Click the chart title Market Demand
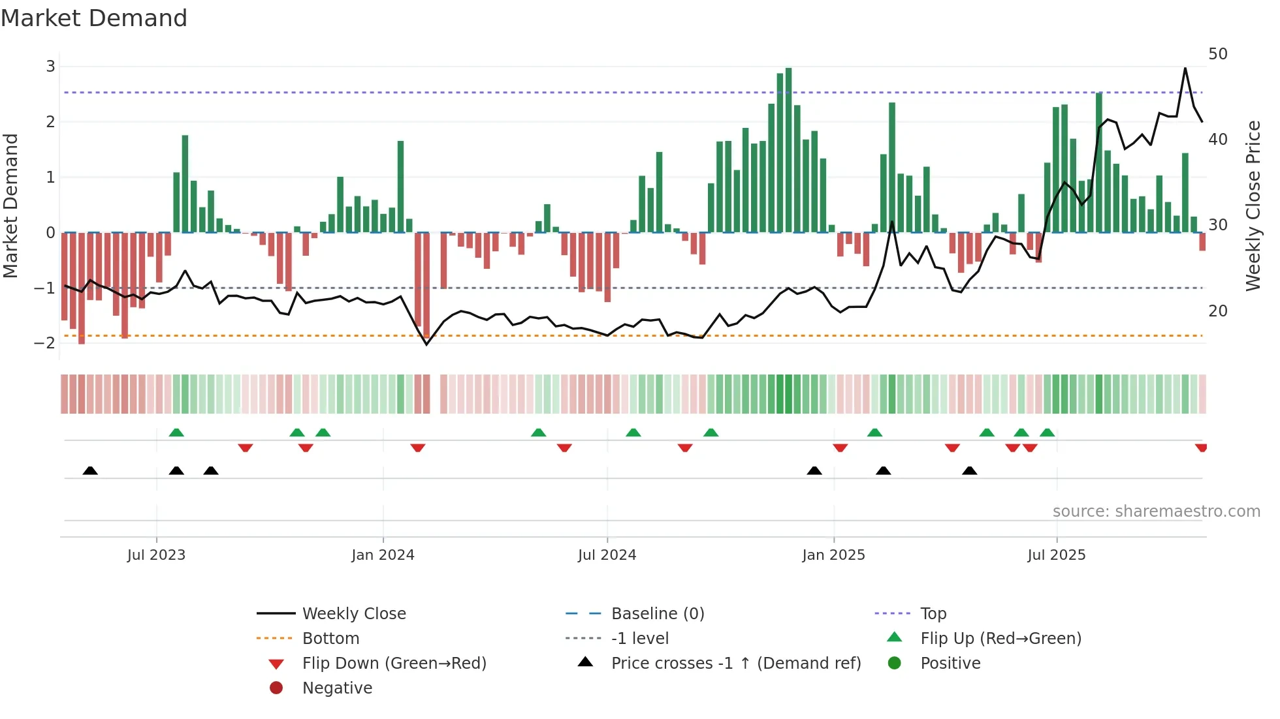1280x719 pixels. (94, 18)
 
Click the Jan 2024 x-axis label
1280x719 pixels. (383, 555)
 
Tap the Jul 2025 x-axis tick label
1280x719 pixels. (1056, 555)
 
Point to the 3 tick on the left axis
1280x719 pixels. (50, 66)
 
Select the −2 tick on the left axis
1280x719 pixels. (45, 343)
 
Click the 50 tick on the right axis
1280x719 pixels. (1217, 54)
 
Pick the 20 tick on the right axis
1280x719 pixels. (1217, 311)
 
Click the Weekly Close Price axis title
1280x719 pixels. (1253, 206)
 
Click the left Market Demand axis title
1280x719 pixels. (10, 206)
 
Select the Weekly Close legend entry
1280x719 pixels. (353, 613)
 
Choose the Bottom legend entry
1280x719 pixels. (330, 638)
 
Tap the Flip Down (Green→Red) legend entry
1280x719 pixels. (394, 663)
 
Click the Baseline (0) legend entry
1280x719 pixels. (657, 613)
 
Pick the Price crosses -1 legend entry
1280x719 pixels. (735, 663)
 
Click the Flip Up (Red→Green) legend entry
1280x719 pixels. (1000, 638)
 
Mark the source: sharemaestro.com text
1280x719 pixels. (1156, 511)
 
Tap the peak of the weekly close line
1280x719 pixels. (1185, 68)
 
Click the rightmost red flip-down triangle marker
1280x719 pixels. (1200, 448)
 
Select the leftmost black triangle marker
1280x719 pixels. (90, 470)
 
